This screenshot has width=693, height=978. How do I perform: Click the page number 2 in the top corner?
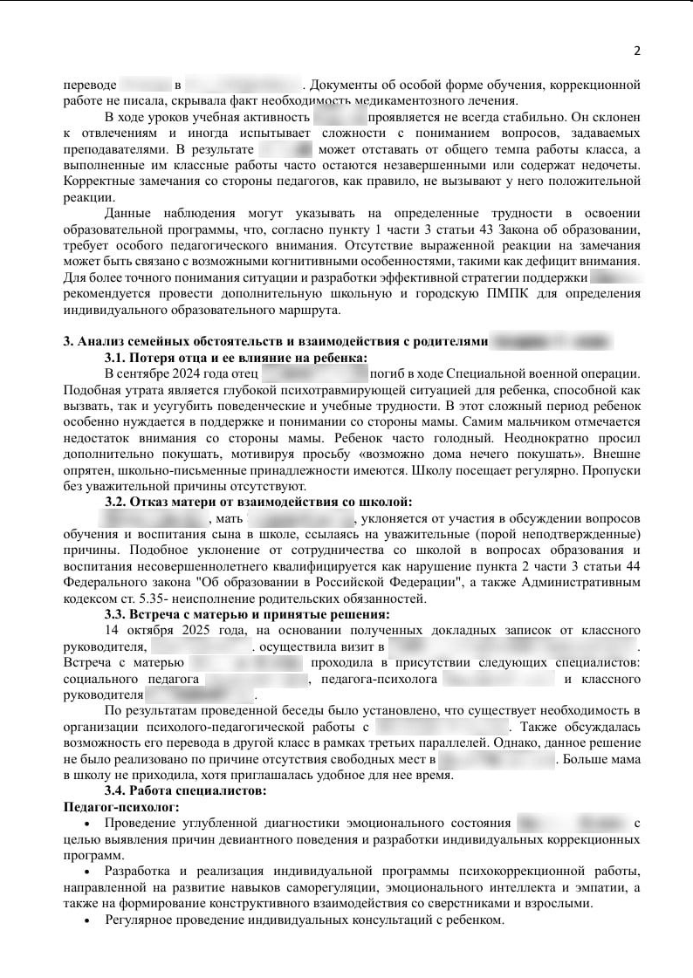[x=637, y=51]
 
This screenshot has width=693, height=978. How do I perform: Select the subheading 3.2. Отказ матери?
[x=258, y=502]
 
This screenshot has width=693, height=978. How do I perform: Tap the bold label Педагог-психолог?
[x=121, y=807]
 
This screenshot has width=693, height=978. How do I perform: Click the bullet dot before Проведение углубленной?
[x=85, y=824]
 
